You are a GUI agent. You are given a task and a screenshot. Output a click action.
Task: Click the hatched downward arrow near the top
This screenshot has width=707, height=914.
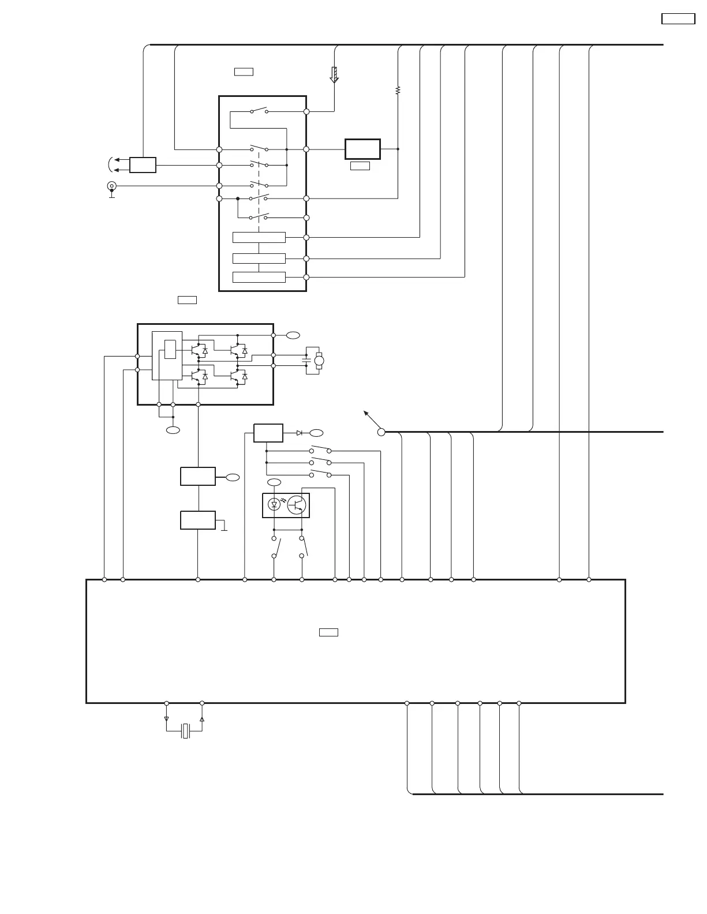334,75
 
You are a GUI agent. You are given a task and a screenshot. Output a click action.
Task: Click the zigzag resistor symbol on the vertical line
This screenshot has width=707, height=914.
398,91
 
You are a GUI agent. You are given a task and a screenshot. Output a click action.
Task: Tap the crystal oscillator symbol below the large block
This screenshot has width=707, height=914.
185,731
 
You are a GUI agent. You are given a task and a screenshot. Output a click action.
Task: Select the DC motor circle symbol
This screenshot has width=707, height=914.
319,361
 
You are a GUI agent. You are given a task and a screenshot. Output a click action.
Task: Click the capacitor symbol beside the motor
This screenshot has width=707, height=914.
306,361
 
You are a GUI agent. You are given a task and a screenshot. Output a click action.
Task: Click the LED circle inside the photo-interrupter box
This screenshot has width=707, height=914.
275,505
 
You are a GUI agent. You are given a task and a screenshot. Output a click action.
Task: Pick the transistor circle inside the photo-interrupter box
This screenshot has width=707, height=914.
297,505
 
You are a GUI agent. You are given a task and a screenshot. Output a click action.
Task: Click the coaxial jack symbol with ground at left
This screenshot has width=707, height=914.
111,186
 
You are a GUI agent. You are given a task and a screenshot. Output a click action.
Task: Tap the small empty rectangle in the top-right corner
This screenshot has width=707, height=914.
678,18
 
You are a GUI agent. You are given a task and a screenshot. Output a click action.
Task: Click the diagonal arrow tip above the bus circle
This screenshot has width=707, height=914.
365,412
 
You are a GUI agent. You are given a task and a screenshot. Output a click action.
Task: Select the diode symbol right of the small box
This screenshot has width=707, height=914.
300,433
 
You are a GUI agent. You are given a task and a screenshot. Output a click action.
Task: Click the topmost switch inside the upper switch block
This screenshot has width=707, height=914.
259,110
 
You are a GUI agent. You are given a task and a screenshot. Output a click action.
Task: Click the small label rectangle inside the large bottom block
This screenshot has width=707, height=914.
328,632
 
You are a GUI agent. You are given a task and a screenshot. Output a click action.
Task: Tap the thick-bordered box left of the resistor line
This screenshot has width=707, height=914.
362,149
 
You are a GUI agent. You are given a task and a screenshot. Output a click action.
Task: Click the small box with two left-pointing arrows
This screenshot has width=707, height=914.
143,165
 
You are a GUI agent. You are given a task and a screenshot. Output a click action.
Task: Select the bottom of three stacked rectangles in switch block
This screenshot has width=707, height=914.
259,277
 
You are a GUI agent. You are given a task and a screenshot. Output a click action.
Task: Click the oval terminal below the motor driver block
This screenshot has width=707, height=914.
173,430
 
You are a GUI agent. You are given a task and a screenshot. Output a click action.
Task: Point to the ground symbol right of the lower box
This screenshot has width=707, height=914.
224,529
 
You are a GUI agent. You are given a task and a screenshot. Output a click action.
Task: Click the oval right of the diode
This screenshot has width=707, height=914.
316,433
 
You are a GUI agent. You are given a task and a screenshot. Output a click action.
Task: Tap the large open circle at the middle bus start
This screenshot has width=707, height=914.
381,432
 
